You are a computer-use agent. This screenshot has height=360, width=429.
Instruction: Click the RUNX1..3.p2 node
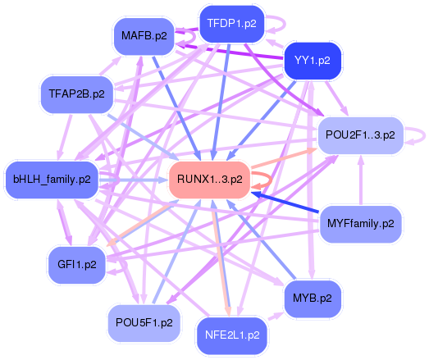[208, 179]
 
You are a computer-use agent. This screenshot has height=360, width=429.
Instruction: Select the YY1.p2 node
[312, 60]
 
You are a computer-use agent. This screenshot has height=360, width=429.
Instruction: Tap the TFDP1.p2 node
[231, 23]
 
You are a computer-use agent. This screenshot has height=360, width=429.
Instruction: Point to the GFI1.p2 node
[77, 264]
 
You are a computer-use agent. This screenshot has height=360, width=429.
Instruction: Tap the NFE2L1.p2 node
[233, 335]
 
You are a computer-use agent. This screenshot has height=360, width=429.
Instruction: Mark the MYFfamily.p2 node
[360, 222]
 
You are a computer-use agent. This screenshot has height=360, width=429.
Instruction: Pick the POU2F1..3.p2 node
[360, 134]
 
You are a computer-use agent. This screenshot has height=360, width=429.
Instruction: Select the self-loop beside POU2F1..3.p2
[416, 134]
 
